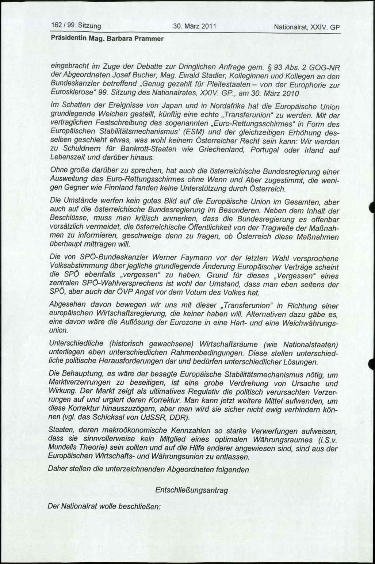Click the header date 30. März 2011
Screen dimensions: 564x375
point(194,26)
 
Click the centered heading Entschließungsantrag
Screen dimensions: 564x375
point(191,490)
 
